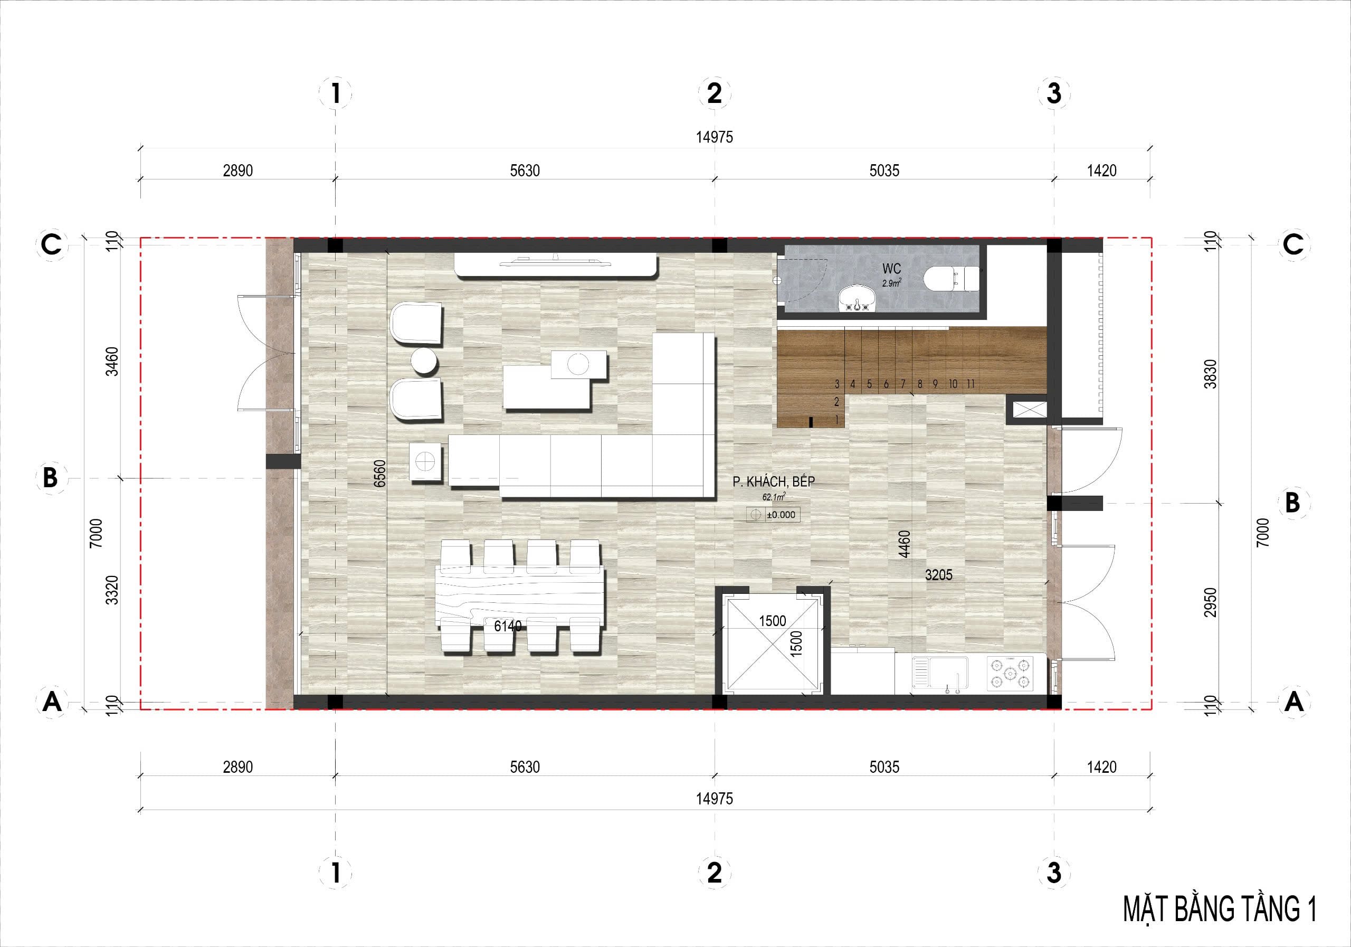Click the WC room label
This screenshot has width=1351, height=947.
click(x=891, y=269)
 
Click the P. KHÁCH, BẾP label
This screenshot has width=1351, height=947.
click(x=774, y=481)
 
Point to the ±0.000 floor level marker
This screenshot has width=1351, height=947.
click(x=773, y=514)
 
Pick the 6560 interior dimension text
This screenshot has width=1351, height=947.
click(x=379, y=473)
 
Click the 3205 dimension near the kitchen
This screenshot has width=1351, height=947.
click(x=938, y=575)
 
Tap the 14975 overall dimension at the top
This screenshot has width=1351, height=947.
click(x=715, y=137)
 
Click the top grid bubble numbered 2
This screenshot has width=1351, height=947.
click(x=715, y=93)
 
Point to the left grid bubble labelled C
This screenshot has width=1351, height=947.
click(x=52, y=244)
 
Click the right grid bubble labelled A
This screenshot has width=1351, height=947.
click(x=1293, y=702)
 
